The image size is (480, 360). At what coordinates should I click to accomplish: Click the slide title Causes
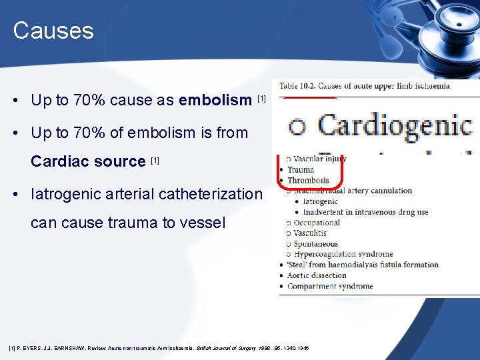pyautogui.click(x=53, y=31)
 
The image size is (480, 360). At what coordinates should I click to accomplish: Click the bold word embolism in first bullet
pyautogui.click(x=215, y=101)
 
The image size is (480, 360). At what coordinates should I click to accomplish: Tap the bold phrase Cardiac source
pyautogui.click(x=88, y=161)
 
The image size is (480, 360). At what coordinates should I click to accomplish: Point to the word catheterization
pyautogui.click(x=219, y=194)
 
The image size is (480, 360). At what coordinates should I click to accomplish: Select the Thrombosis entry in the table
pyautogui.click(x=308, y=180)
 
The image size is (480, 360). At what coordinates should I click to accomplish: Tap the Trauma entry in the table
pyautogui.click(x=301, y=169)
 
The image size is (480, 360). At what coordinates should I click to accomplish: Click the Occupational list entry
pyautogui.click(x=317, y=223)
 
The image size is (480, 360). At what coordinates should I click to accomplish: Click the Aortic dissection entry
pyautogui.click(x=317, y=275)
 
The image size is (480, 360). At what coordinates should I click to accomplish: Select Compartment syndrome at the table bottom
pyautogui.click(x=330, y=286)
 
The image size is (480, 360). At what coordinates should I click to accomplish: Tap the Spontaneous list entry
pyautogui.click(x=316, y=244)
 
